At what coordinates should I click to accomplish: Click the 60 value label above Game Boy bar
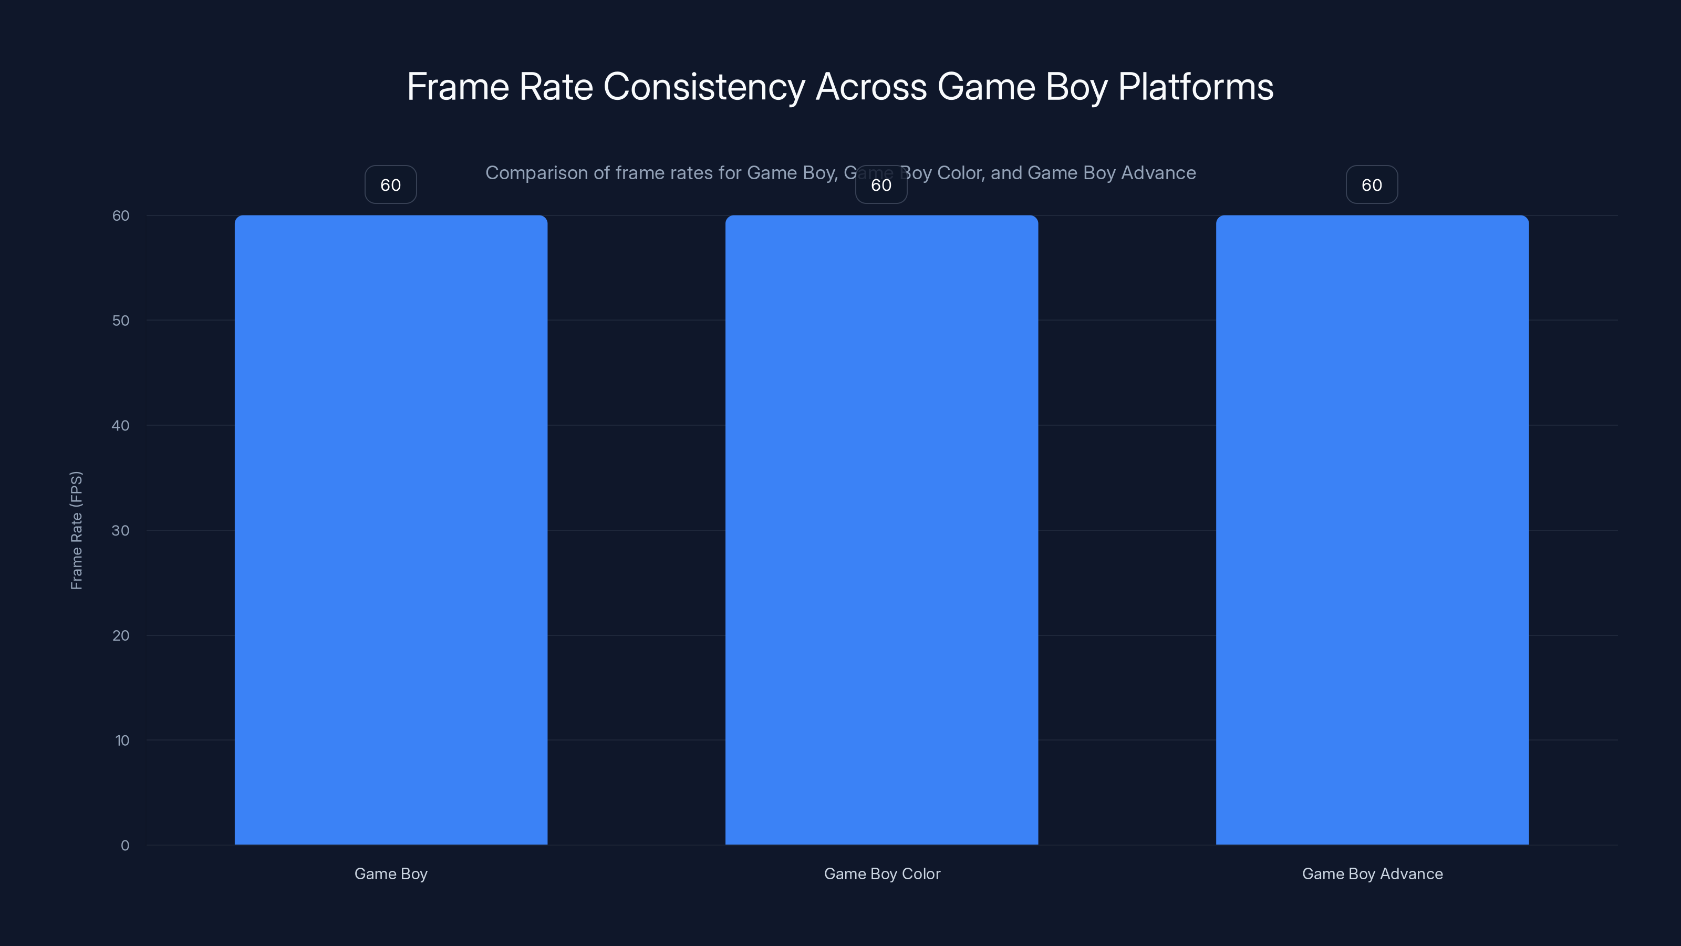(391, 185)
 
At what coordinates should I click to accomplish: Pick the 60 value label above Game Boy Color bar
(881, 185)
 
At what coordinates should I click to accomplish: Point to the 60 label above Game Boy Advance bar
(1372, 185)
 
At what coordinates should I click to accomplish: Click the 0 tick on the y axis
(124, 846)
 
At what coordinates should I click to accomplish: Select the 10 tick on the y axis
(122, 741)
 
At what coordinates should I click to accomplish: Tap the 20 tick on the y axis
(121, 635)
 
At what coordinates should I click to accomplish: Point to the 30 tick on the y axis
(121, 530)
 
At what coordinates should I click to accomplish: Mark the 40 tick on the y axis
(121, 426)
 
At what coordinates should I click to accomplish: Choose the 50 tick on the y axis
(121, 321)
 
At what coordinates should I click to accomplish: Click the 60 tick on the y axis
(121, 215)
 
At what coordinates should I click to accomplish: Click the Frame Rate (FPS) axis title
(76, 530)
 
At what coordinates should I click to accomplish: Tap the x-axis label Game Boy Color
(881, 873)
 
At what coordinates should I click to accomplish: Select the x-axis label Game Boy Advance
(1372, 873)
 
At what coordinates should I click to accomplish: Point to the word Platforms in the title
(1196, 87)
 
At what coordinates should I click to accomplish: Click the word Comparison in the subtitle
(536, 173)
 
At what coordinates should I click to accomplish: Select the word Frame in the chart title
(458, 87)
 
